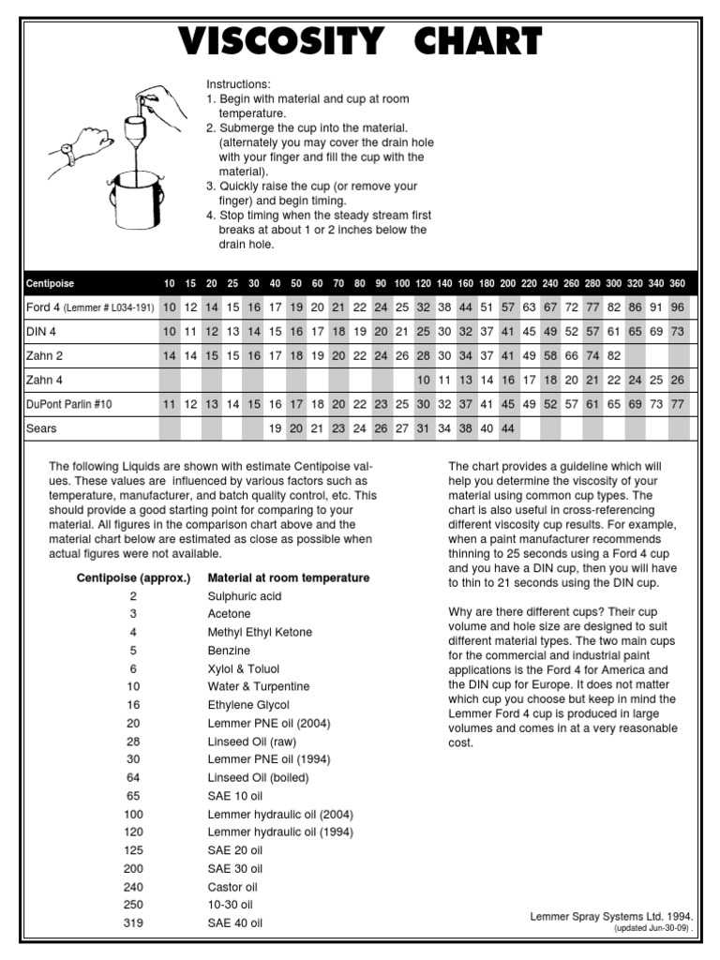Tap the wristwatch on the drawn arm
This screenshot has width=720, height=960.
coord(67,151)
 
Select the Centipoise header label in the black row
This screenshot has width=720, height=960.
coord(51,283)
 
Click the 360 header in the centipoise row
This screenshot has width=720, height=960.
coord(678,283)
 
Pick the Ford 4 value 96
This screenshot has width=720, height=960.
coord(678,307)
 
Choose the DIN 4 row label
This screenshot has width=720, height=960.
coord(43,331)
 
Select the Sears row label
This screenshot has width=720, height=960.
coord(41,428)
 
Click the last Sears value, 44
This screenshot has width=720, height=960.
coord(508,428)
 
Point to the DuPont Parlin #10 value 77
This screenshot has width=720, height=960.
coord(678,404)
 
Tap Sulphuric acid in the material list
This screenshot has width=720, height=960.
coord(245,596)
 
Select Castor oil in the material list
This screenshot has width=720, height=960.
coord(232,887)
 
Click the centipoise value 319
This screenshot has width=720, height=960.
coord(133,923)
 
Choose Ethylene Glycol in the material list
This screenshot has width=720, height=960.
coord(248,705)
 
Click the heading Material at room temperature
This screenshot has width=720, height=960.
coord(288,577)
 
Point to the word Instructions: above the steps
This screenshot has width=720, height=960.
coord(238,83)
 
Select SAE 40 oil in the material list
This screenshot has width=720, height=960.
coord(235,923)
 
